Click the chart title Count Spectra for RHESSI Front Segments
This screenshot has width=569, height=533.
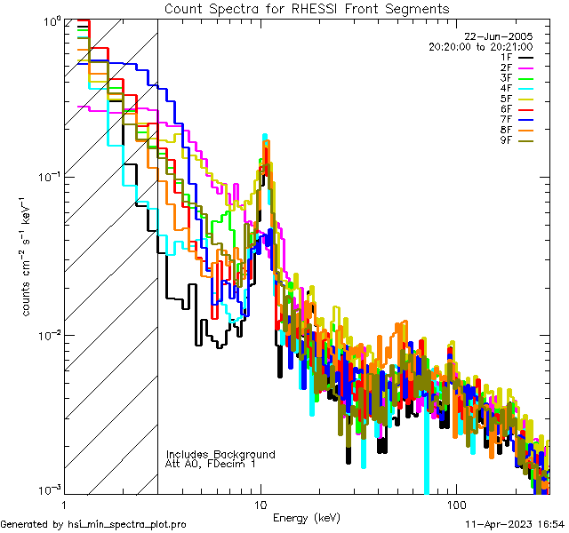pos(307,8)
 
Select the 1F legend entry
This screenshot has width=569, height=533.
pos(507,57)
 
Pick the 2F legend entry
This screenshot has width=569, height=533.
pos(507,68)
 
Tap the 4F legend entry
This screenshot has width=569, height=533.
pos(507,88)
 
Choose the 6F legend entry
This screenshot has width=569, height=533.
pos(507,108)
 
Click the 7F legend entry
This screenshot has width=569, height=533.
pos(507,119)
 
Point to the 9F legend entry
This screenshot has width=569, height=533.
pos(507,139)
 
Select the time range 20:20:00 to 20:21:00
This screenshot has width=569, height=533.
pos(480,46)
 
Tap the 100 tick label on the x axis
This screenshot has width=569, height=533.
pos(455,504)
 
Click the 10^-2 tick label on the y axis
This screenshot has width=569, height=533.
pos(48,334)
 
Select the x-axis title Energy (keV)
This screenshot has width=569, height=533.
pos(306,517)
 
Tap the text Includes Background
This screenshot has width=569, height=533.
pos(220,454)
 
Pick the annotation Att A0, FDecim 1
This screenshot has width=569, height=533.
pos(211,464)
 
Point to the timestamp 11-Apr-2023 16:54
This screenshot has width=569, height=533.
pos(515,525)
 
